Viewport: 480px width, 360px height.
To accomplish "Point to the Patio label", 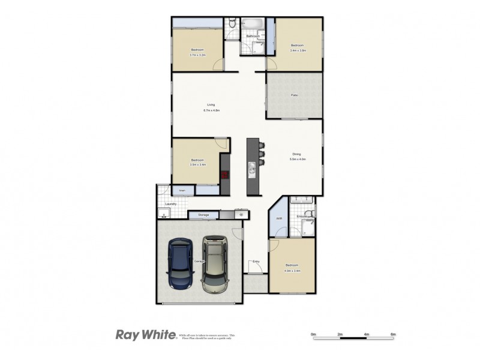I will click(294, 95).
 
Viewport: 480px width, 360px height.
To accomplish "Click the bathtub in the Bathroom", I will click(253, 24).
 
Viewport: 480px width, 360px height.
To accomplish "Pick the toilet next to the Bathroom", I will click(232, 24).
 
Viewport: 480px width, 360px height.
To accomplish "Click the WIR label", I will click(279, 218).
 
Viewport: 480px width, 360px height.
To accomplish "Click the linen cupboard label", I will click(181, 191).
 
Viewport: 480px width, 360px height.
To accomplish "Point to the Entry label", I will click(256, 262).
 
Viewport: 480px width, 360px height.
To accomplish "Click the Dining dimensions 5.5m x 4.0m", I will click(298, 160).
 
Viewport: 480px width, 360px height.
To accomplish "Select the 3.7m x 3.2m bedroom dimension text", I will click(197, 55).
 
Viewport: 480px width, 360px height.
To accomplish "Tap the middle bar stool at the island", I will click(262, 154).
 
